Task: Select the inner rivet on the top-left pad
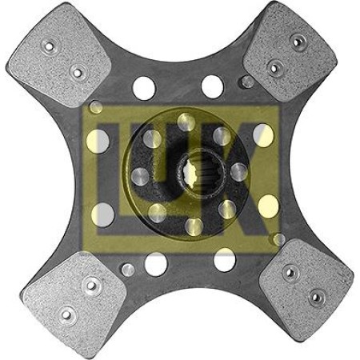click(78, 73)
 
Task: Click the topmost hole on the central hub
click(186, 122)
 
